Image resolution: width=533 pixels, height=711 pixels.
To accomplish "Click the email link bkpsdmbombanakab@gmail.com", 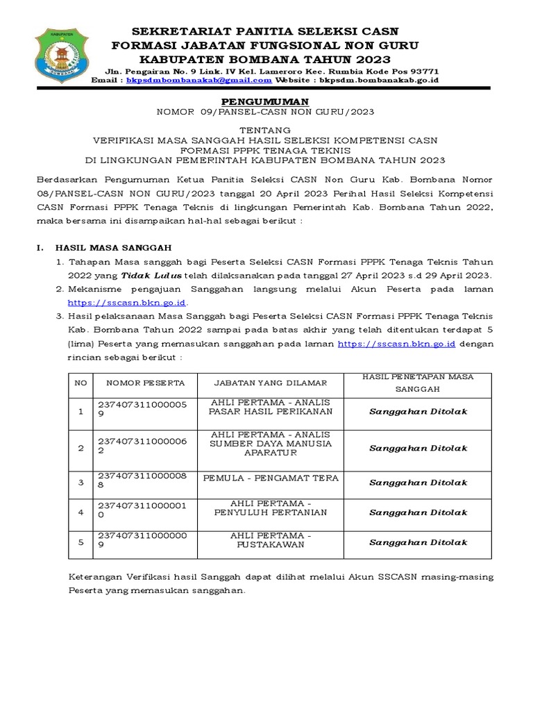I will (199, 81).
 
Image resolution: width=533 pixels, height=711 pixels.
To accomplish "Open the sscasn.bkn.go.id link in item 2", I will (128, 303).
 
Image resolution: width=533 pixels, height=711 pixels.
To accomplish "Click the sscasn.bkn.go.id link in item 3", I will (396, 344).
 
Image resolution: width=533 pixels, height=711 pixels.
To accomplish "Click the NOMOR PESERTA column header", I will (145, 383).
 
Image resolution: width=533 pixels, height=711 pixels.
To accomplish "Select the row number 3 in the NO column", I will (81, 482).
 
